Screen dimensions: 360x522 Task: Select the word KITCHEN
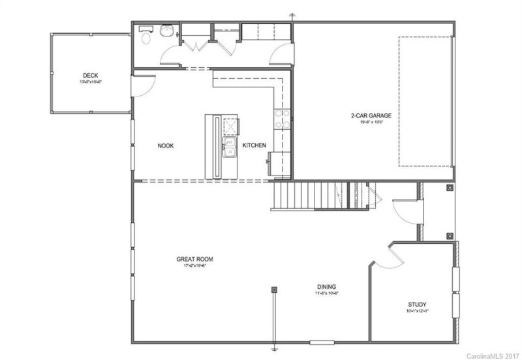[x=254, y=145]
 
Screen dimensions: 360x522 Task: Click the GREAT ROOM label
[x=194, y=259]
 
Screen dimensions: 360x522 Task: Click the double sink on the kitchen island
[x=230, y=147]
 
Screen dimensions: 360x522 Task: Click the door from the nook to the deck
[x=143, y=85]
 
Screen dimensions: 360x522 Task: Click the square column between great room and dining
[x=275, y=289]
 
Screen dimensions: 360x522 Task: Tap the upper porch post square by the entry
[x=450, y=188]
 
